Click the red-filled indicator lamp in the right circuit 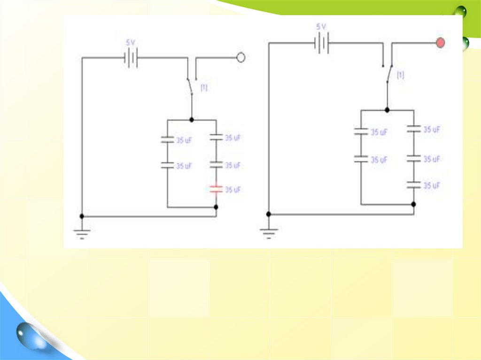(440, 43)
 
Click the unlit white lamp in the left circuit (240, 58)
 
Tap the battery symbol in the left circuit (131, 58)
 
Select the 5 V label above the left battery (131, 43)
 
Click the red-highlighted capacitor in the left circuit (216, 189)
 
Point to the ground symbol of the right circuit (269, 231)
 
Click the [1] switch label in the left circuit (204, 88)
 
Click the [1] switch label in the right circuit (401, 75)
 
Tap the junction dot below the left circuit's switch (192, 120)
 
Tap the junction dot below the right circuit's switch (387, 110)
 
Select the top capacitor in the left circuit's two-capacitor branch (167, 139)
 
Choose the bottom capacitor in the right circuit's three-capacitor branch (414, 185)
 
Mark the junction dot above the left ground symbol (82, 216)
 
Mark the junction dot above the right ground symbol (269, 214)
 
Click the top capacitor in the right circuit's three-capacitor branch (414, 129)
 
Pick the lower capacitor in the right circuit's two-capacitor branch (361, 160)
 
